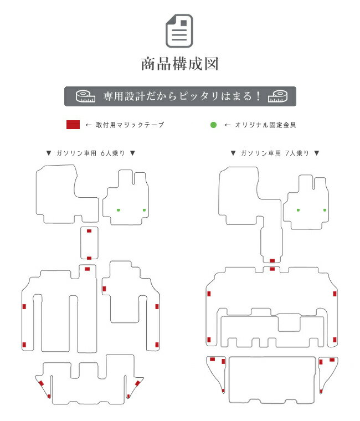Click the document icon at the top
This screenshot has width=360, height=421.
click(179, 31)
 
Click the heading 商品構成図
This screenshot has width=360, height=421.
click(180, 64)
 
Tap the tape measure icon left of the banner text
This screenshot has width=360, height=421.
click(85, 96)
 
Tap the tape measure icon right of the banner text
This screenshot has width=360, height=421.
click(277, 96)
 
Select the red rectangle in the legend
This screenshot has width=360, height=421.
click(73, 125)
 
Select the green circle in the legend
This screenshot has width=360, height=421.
click(213, 125)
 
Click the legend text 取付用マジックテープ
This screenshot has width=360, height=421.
click(130, 125)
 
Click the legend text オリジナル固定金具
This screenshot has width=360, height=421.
click(265, 125)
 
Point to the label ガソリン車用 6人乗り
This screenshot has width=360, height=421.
click(91, 153)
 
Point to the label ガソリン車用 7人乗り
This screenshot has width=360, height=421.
click(275, 153)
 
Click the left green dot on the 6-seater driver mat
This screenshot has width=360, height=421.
click(119, 210)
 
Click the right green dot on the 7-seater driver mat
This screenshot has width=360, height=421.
click(325, 210)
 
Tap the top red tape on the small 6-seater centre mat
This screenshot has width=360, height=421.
click(89, 231)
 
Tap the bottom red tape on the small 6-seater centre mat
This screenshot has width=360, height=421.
click(89, 258)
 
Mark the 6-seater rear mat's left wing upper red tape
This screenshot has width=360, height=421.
click(42, 383)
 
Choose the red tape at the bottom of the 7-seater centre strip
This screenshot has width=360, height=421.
click(272, 260)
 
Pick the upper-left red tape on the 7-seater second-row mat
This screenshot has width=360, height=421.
click(209, 294)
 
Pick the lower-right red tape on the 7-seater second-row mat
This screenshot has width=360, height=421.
click(335, 340)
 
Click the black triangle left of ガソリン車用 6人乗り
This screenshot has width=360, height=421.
click(49, 153)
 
